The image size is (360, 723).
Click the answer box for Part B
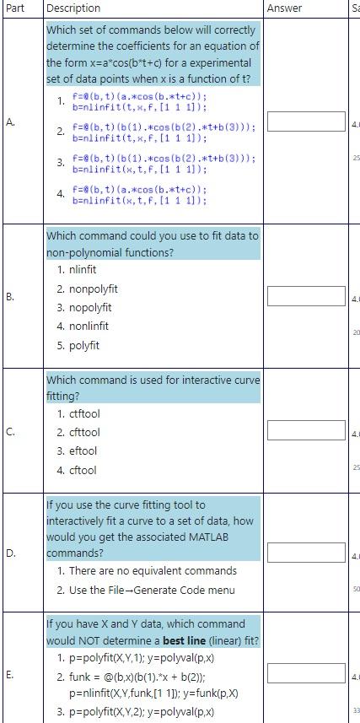[307, 296]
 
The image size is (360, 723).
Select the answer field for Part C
[307, 430]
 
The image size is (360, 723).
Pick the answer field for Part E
[307, 674]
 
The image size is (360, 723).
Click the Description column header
[73, 8]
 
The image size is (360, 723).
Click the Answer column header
[284, 8]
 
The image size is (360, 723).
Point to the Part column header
[15, 8]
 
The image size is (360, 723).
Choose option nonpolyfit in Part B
[88, 289]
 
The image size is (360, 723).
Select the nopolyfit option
[84, 307]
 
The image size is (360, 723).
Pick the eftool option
[80, 451]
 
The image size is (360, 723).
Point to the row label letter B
[9, 296]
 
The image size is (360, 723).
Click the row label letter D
[9, 554]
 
